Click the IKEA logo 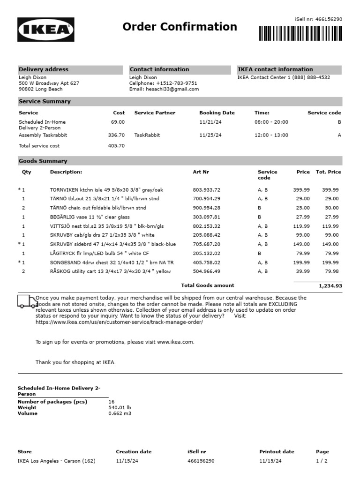pyautogui.click(x=46, y=30)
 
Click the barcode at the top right pyautogui.click(x=300, y=33)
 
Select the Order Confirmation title pyautogui.click(x=180, y=27)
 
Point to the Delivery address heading pyautogui.click(x=44, y=69)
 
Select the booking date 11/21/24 pyautogui.click(x=210, y=122)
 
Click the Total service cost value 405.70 pyautogui.click(x=116, y=146)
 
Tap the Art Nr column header pyautogui.click(x=201, y=172)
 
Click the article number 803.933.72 pyautogui.click(x=206, y=190)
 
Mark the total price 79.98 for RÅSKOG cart pyautogui.click(x=332, y=271)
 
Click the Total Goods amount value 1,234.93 pyautogui.click(x=330, y=285)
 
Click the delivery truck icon pyautogui.click(x=27, y=301)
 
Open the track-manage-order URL pyautogui.click(x=119, y=322)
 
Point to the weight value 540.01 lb pyautogui.click(x=120, y=408)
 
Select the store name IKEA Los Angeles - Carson pyautogui.click(x=56, y=461)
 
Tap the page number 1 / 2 pyautogui.click(x=322, y=461)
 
